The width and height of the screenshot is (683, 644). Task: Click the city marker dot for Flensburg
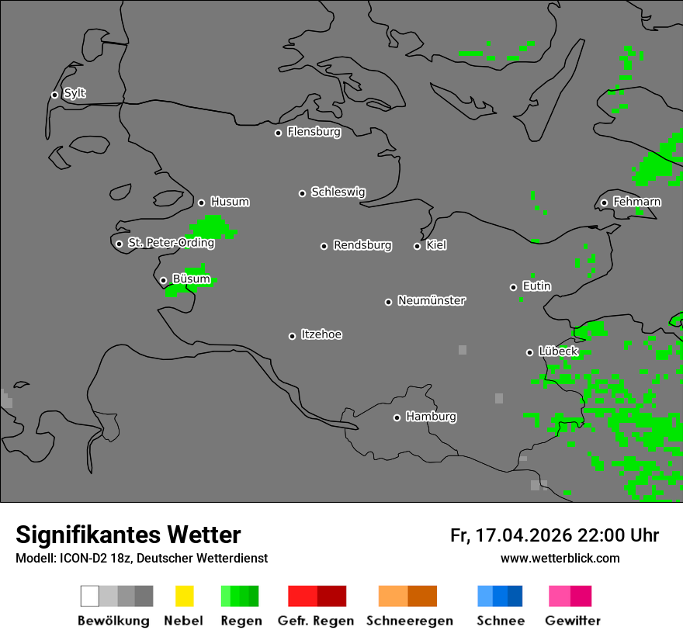point(278,133)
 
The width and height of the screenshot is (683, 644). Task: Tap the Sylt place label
point(75,93)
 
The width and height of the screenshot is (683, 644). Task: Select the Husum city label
point(230,202)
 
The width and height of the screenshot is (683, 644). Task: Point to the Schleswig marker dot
point(303,193)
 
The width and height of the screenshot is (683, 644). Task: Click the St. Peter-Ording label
point(171,243)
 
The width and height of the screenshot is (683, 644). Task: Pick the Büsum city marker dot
point(163,280)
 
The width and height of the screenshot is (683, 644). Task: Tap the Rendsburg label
point(362,245)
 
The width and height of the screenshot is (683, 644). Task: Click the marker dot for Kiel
point(417,246)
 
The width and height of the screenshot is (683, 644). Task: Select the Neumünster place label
point(432,300)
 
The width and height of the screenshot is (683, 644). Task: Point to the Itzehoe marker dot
point(292,336)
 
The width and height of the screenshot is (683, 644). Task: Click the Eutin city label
point(536,286)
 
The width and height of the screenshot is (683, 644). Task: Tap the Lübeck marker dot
point(529,352)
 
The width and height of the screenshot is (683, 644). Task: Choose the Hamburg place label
point(431,417)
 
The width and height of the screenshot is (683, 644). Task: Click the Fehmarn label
point(636,202)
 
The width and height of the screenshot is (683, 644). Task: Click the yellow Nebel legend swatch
point(184,596)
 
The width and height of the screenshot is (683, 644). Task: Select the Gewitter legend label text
point(573,621)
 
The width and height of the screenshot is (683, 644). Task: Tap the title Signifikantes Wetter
point(128,535)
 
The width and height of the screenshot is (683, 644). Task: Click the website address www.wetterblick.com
point(560,558)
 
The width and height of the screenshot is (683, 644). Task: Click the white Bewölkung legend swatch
point(90,596)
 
